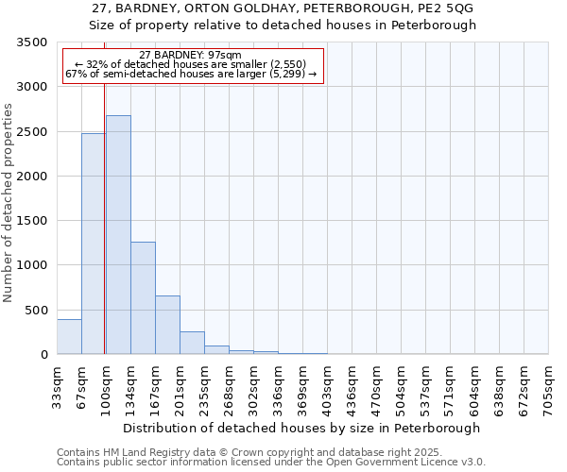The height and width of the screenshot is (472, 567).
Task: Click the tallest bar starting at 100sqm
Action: click(x=118, y=235)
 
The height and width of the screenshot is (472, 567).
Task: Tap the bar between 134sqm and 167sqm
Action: click(x=143, y=298)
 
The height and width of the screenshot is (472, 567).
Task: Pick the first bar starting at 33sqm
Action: click(x=69, y=337)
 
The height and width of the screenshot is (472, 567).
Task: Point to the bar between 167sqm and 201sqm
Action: click(x=167, y=326)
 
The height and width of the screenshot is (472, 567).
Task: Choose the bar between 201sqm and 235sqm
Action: click(x=192, y=344)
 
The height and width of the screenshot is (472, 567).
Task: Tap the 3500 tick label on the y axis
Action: click(x=32, y=42)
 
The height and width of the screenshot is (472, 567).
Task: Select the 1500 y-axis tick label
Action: click(x=32, y=221)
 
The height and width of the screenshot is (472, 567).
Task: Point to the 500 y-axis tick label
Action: click(x=36, y=310)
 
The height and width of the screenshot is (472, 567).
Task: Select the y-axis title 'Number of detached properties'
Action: click(x=9, y=203)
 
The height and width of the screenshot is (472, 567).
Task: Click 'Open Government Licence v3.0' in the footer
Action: click(x=412, y=463)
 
